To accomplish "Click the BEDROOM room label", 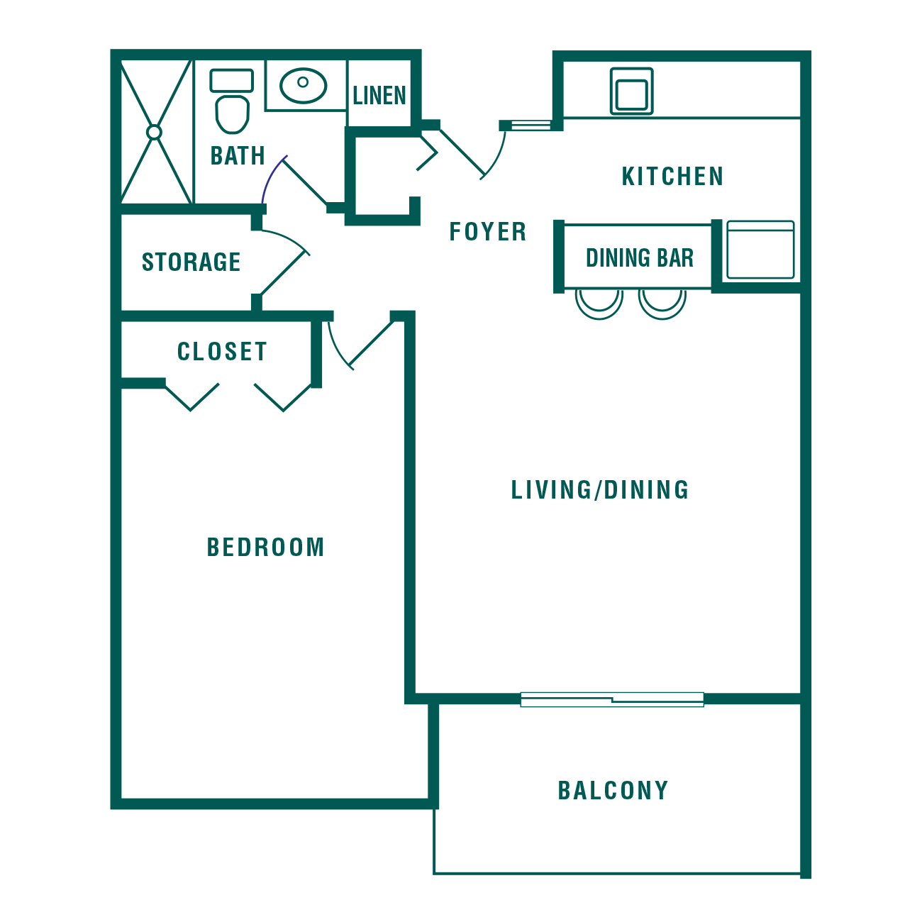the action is click(265, 548).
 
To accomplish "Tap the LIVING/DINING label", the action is click(599, 490).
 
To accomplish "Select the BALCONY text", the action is click(613, 790).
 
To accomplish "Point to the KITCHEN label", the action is click(672, 176).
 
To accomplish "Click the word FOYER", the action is click(487, 232).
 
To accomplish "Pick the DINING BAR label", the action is click(640, 258).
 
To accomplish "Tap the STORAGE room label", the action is click(191, 262).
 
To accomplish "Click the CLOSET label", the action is click(222, 352).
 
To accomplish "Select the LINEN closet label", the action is click(379, 96).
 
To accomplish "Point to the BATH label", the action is click(238, 155).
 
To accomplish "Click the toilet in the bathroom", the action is click(232, 101).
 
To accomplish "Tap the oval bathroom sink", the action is click(304, 86).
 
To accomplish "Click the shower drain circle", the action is click(154, 132).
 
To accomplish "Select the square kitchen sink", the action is click(632, 91).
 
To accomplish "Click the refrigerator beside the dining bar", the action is click(760, 249).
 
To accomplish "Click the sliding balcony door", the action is click(612, 699).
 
